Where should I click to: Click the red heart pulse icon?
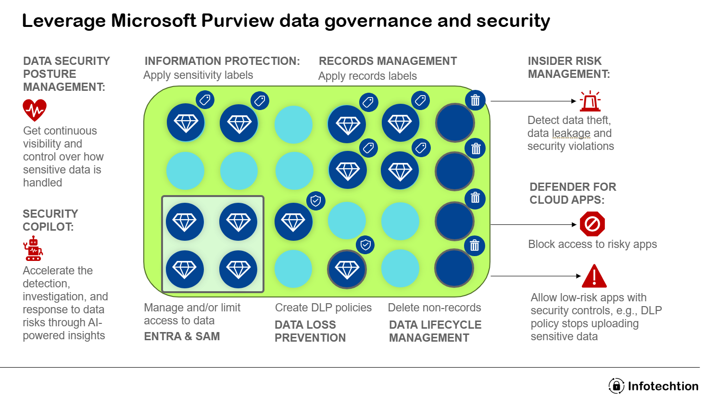35,110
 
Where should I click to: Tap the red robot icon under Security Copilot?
33,248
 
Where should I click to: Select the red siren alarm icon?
590,101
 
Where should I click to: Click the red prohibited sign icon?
592,224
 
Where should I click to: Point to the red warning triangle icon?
594,276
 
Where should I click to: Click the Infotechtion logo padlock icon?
616,386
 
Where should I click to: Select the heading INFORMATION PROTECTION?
222,61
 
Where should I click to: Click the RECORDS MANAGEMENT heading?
388,61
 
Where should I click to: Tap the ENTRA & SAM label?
182,336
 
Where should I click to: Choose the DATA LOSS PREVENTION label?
310,331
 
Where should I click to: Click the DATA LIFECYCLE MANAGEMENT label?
435,331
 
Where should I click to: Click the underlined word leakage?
571,133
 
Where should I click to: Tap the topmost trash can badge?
475,100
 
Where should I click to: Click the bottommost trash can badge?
475,246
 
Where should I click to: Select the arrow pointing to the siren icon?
533,101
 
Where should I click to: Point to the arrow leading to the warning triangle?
535,276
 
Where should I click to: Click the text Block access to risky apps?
592,244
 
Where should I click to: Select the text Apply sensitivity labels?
198,75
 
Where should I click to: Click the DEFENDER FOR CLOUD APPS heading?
572,193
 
